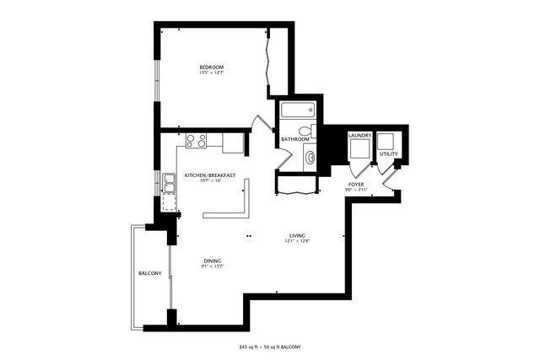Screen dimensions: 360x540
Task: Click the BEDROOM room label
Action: [x=211, y=67]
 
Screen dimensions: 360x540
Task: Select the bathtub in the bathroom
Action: [x=297, y=110]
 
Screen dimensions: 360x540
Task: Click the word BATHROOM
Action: [x=295, y=139]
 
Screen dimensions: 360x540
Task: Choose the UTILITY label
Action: [x=389, y=154]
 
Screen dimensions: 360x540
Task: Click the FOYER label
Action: [x=356, y=184]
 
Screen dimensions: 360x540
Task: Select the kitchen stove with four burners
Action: [x=197, y=141]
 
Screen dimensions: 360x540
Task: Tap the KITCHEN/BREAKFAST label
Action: [x=209, y=175]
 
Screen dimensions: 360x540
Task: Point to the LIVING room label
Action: [x=297, y=235]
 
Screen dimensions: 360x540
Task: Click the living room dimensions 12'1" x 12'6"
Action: [x=297, y=242]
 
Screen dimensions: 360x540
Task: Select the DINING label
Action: [x=211, y=261]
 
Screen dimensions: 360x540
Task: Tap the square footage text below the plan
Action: [x=270, y=347]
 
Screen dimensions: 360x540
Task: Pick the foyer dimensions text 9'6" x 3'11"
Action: [x=356, y=190]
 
